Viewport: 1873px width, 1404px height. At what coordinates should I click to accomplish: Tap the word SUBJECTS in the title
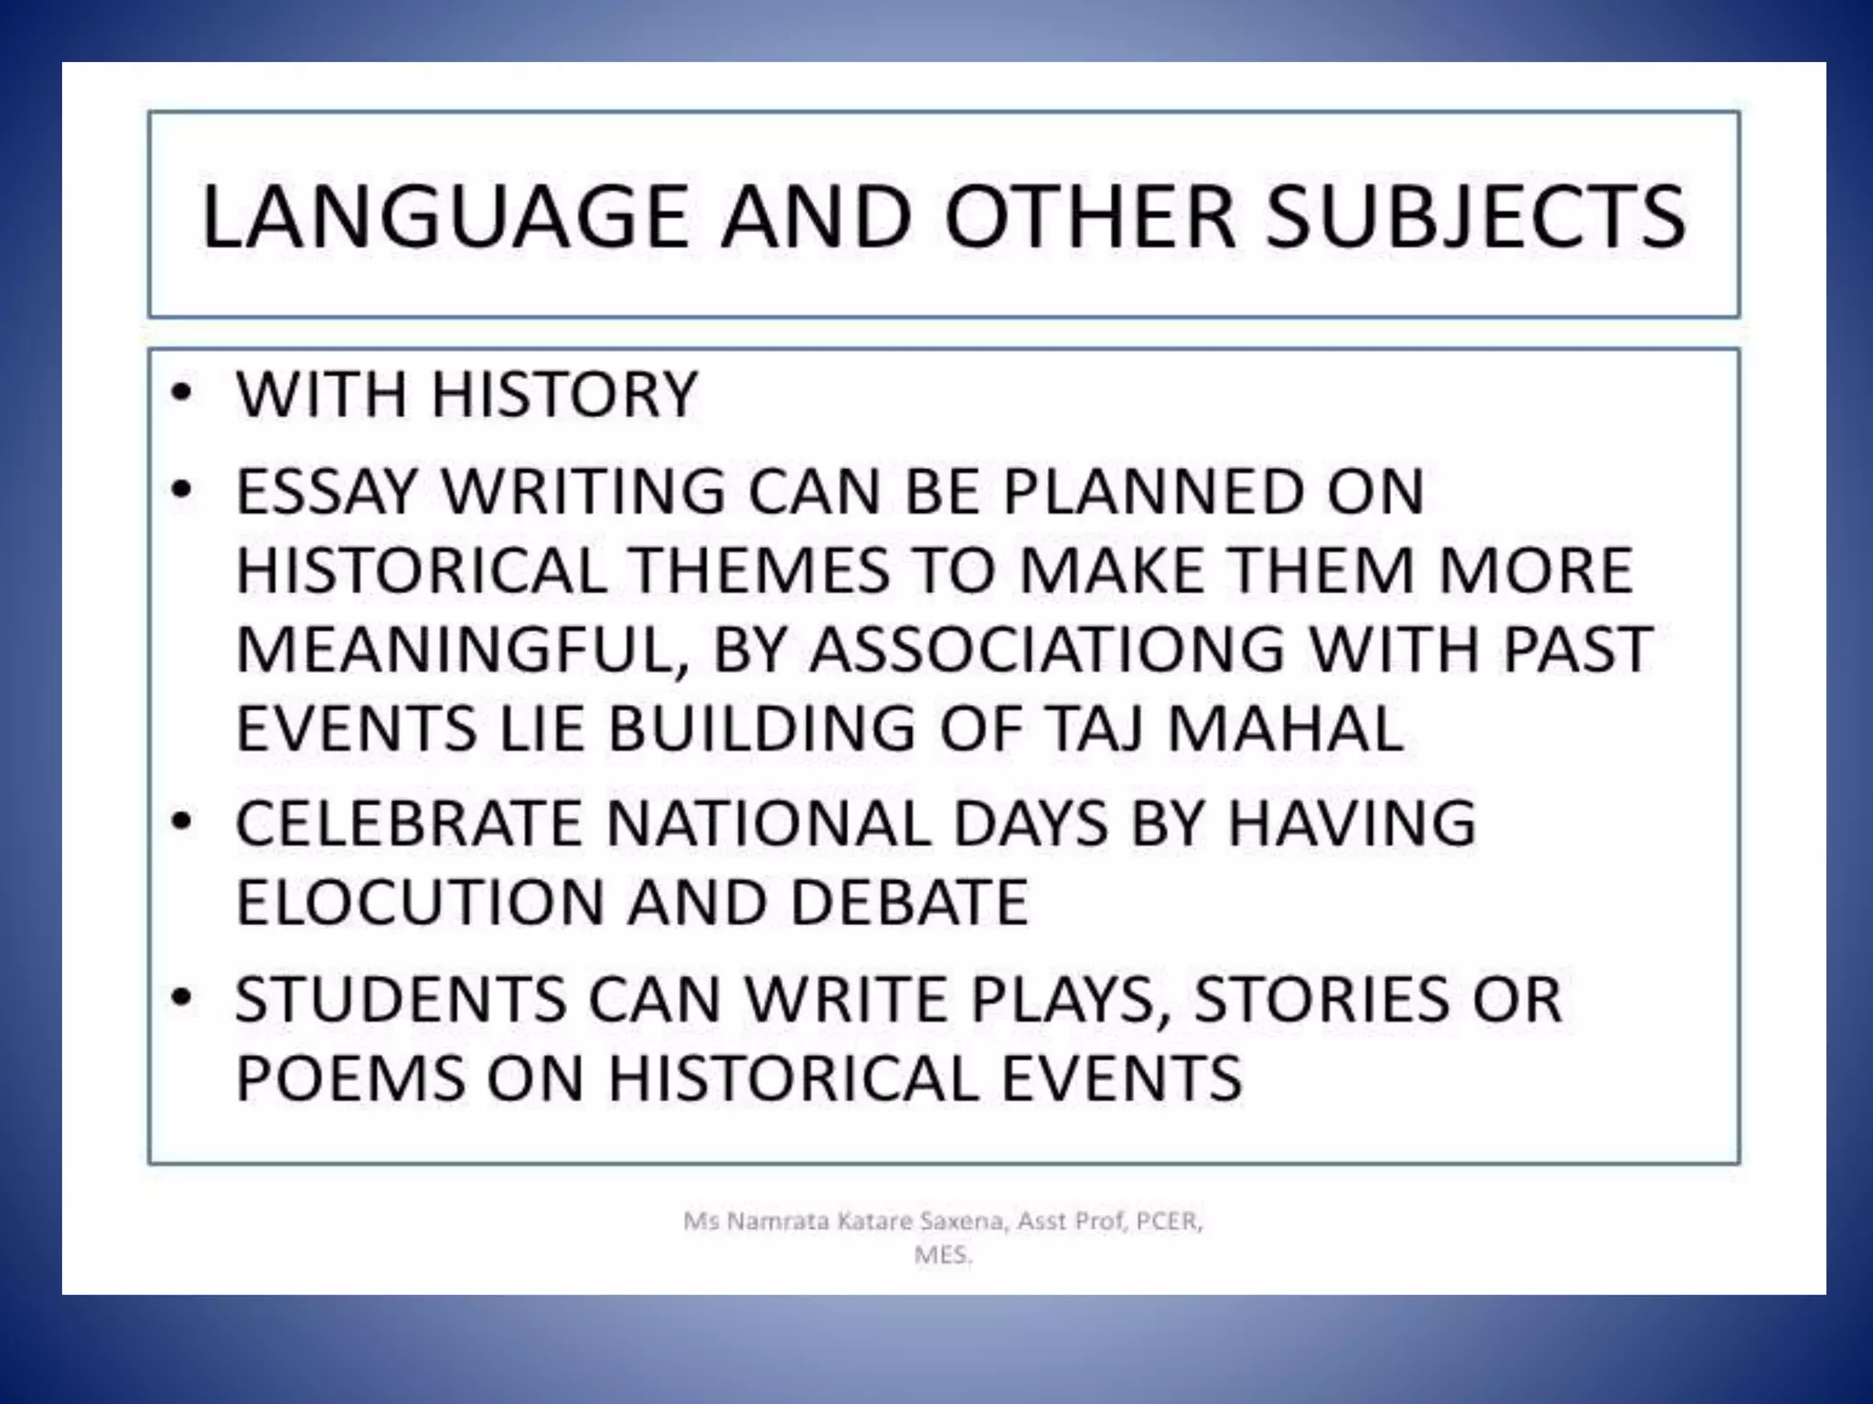1474,217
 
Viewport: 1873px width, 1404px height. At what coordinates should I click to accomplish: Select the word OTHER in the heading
1090,217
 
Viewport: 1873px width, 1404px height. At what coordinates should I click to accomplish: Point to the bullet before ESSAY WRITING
182,491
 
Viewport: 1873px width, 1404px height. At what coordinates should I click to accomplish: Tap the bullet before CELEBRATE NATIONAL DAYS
182,822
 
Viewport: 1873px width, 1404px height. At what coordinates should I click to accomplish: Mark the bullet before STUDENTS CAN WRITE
182,997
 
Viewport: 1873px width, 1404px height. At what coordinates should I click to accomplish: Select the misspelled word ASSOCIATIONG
1046,649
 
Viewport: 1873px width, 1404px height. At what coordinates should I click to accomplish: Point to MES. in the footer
943,1255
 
